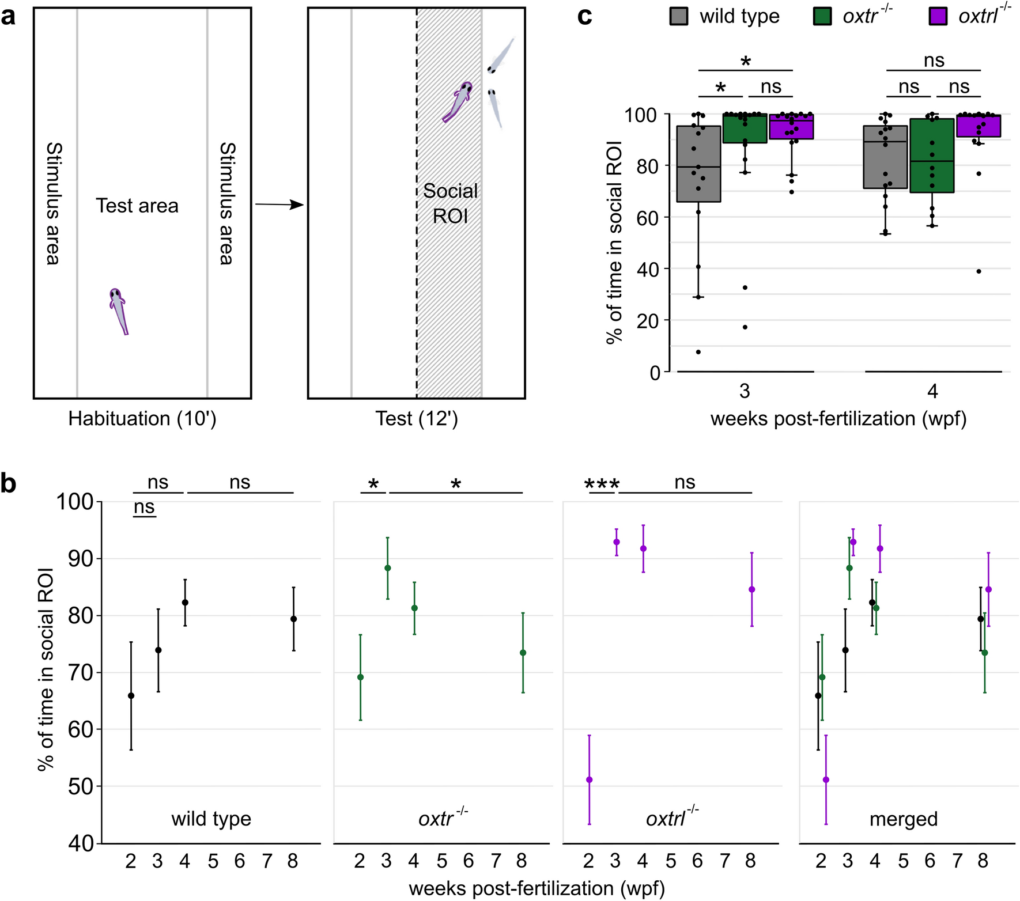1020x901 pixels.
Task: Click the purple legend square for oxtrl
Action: (938, 16)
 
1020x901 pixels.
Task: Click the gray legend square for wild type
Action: (679, 16)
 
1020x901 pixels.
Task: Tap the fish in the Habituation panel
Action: (118, 311)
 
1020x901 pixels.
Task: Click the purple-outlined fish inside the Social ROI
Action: (458, 102)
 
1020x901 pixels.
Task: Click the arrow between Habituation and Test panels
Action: (279, 205)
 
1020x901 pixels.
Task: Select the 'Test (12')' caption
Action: (416, 419)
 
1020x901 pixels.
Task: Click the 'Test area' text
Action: (137, 206)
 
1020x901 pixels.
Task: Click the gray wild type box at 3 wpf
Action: (698, 164)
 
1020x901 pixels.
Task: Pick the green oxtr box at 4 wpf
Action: (932, 156)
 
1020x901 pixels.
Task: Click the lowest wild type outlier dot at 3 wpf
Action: (698, 352)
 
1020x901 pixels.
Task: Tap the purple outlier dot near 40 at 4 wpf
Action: (979, 271)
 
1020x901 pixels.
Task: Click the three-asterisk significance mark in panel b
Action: (602, 484)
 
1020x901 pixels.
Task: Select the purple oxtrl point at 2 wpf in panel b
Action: (589, 779)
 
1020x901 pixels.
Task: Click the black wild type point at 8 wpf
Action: (293, 619)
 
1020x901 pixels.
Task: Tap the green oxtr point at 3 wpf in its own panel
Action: (388, 568)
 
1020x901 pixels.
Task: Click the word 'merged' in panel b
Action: (903, 819)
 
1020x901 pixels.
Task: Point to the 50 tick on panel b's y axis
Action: (81, 786)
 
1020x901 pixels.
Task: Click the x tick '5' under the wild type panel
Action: (213, 861)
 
